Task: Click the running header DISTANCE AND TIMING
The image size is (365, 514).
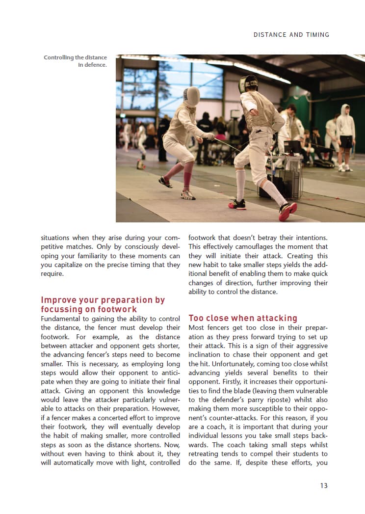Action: (291, 35)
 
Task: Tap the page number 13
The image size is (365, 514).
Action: (323, 486)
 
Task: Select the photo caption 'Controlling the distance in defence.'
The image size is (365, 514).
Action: (75, 61)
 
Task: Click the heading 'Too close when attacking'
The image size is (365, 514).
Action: (243, 318)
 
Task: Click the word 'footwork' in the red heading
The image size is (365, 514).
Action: (116, 309)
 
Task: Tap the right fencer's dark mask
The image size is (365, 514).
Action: (248, 84)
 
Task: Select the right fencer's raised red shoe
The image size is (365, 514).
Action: (287, 211)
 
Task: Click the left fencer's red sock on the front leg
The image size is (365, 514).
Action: (187, 179)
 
